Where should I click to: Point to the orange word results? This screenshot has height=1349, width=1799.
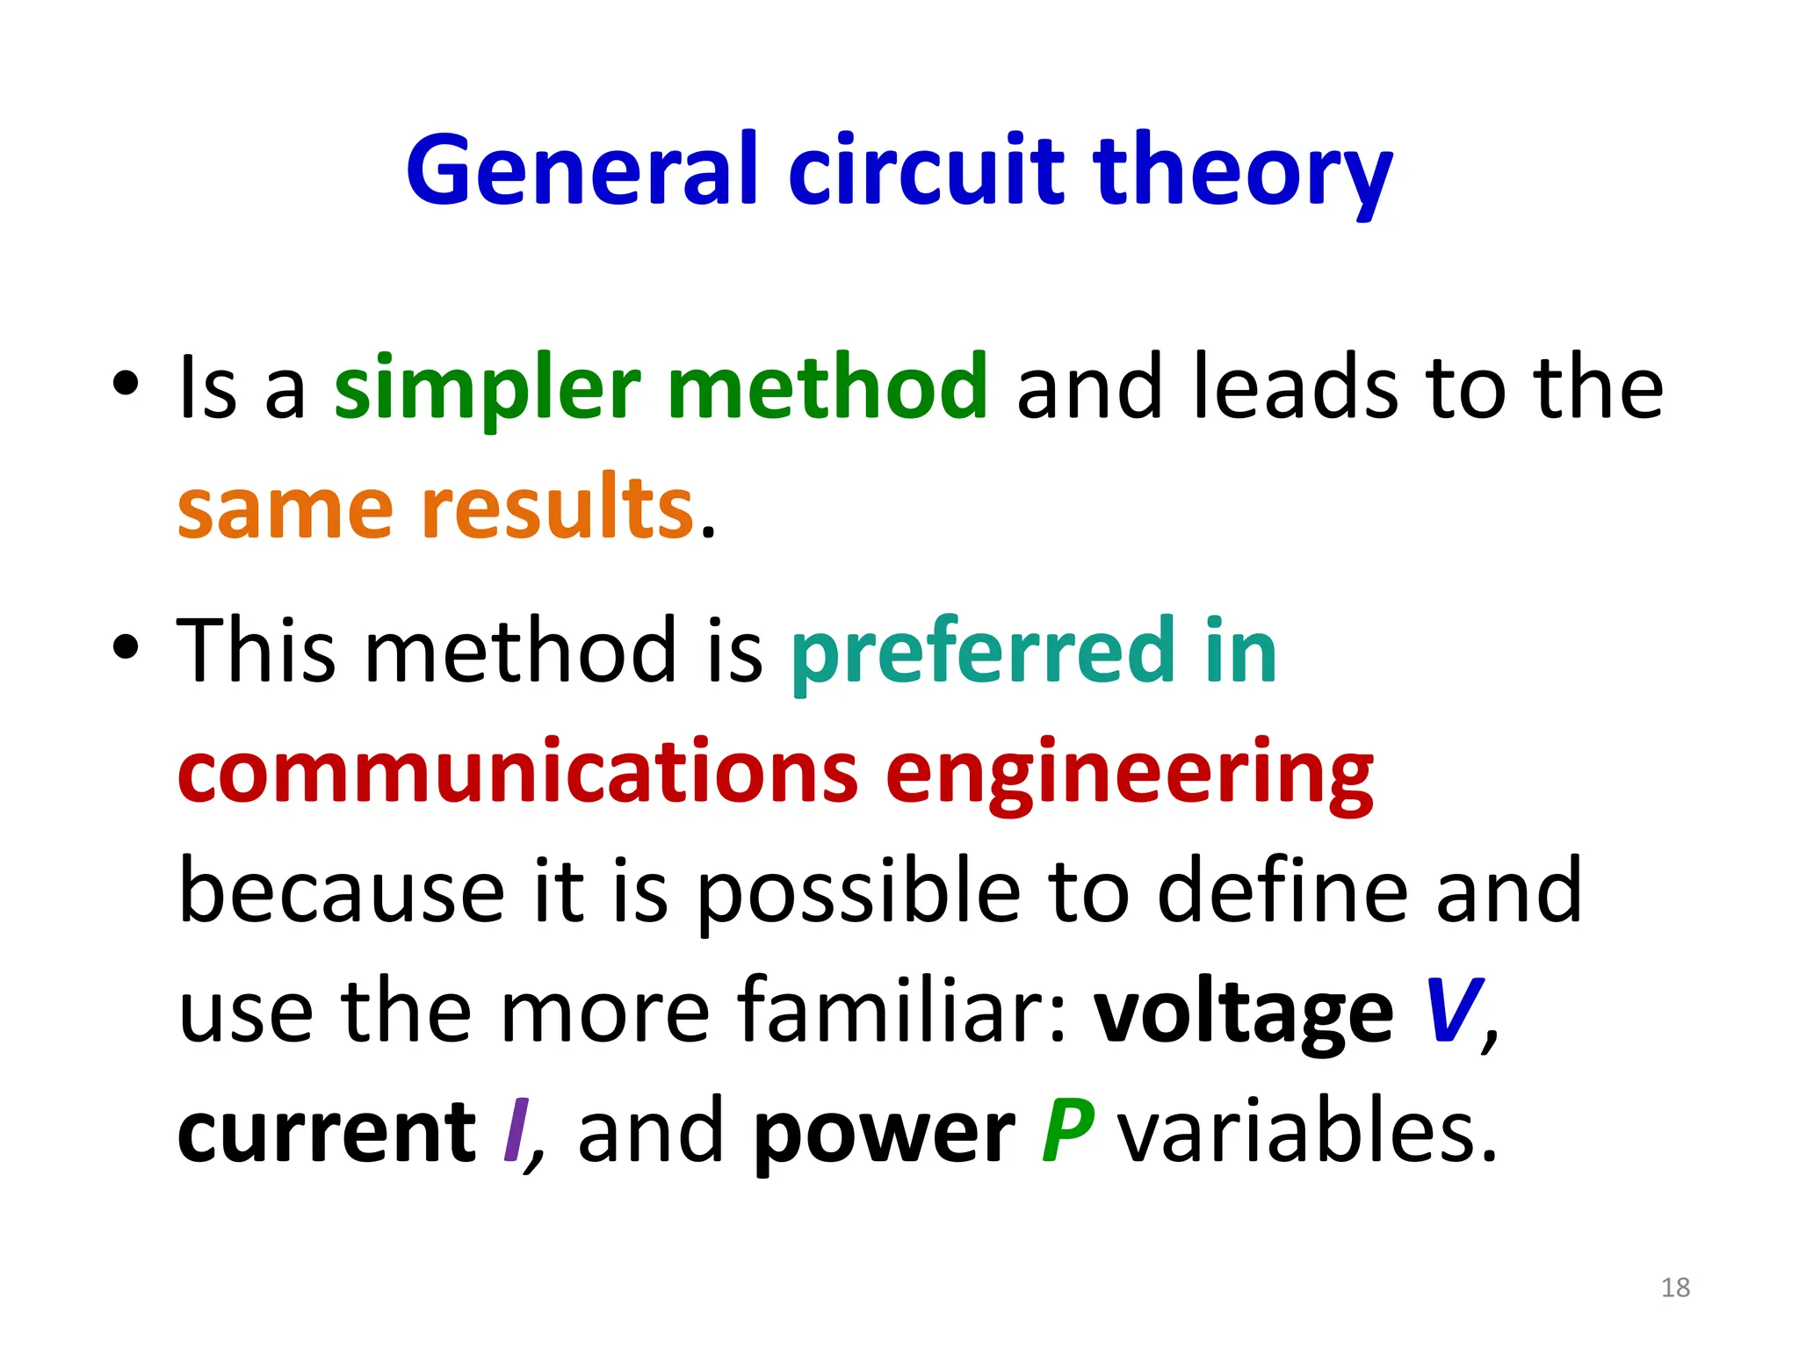[558, 509]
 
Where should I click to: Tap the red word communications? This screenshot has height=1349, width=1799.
[518, 772]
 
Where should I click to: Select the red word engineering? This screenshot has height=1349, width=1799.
[1129, 772]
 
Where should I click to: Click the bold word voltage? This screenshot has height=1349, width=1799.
[1243, 1012]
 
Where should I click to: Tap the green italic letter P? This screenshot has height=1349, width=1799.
[1067, 1131]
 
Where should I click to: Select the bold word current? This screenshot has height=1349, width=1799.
[326, 1131]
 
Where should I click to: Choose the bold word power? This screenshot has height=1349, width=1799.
[884, 1131]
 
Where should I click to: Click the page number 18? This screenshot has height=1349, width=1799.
[1675, 1288]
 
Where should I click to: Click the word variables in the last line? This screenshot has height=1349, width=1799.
[1306, 1131]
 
